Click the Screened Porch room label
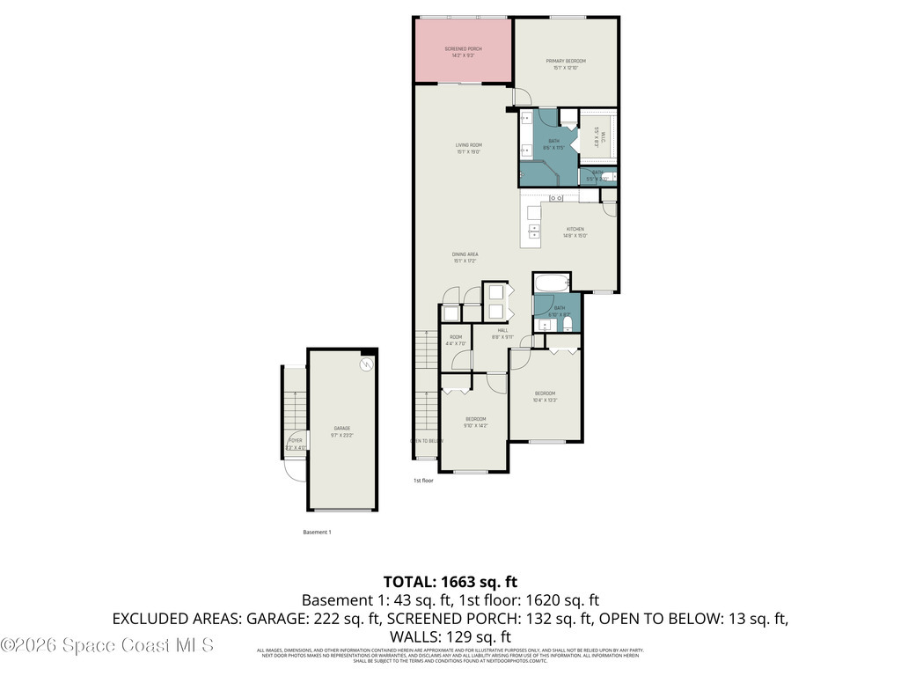tap(463, 51)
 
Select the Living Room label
tap(468, 148)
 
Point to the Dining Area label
tap(465, 257)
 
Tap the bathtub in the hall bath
tap(553, 283)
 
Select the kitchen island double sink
tap(534, 231)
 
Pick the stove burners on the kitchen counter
tap(556, 198)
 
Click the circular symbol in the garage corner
tap(366, 364)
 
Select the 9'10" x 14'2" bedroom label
tap(475, 422)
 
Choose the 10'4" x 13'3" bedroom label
tap(546, 396)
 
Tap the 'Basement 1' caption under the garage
tap(317, 533)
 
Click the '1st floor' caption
tap(423, 481)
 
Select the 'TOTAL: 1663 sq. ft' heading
tap(450, 582)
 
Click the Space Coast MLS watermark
tap(107, 645)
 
